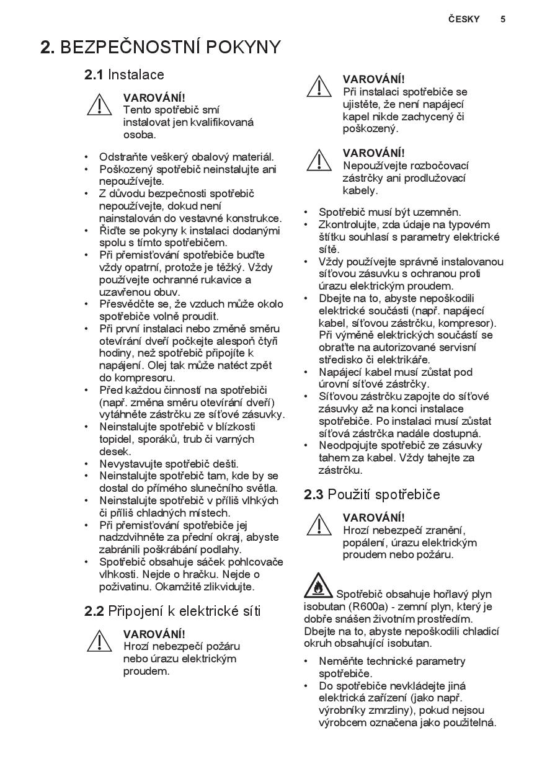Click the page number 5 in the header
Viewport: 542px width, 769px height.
503,19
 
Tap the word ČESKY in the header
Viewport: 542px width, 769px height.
464,19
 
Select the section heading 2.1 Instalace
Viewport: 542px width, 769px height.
124,75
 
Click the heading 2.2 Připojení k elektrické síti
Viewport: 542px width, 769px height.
172,611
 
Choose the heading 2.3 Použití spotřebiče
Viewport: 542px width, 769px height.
372,495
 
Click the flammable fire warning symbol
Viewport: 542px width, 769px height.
318,585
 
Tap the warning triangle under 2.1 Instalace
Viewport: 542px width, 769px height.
99,104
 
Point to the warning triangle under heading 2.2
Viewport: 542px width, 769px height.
99,641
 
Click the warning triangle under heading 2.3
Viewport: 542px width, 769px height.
319,524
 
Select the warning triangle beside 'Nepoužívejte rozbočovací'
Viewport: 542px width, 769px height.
319,160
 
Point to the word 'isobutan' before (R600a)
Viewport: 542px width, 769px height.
324,607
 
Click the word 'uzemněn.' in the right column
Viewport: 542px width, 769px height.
442,212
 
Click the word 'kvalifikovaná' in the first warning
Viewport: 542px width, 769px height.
221,122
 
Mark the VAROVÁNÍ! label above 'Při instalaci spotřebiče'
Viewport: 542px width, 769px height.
373,79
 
